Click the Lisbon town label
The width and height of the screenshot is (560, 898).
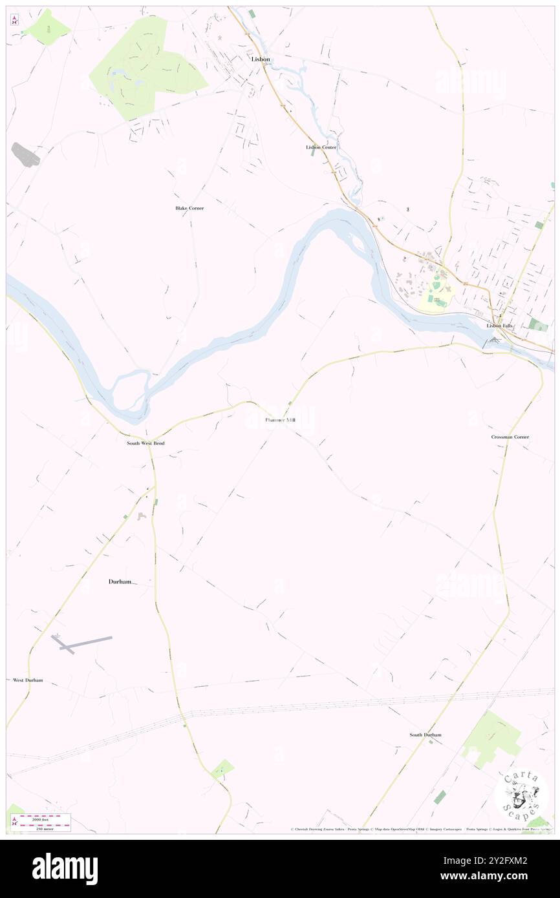261,59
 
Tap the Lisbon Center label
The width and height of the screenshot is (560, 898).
321,147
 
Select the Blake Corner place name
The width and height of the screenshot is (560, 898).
189,208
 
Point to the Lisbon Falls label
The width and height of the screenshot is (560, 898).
500,326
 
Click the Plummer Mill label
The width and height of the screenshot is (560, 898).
280,420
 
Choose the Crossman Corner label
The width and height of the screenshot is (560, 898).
510,437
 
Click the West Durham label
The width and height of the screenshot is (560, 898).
28,680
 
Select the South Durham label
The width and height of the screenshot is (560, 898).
425,735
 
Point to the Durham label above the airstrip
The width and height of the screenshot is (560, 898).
120,581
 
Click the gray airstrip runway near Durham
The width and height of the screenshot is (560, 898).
84,642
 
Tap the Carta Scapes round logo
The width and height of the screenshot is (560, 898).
521,795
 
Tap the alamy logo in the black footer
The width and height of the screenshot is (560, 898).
65,868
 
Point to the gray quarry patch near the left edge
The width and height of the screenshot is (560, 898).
25,154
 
